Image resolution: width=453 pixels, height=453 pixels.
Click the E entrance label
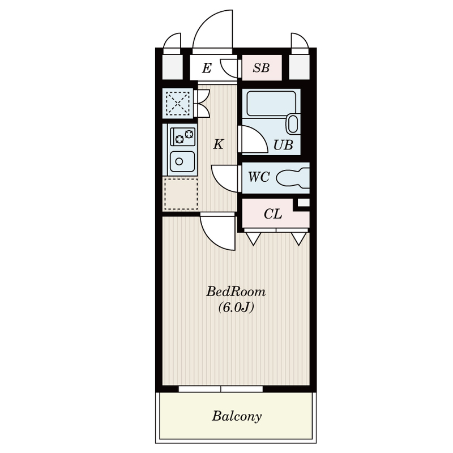pyautogui.click(x=207, y=68)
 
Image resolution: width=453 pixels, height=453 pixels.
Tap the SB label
pyautogui.click(x=261, y=67)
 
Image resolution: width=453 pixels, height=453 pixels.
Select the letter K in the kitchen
pyautogui.click(x=219, y=144)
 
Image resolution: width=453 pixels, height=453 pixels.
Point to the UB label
pyautogui.click(x=284, y=145)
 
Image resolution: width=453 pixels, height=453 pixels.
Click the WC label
pyautogui.click(x=259, y=177)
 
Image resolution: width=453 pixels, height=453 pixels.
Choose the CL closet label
pyautogui.click(x=273, y=214)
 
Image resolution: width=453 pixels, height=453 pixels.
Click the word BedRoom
pyautogui.click(x=236, y=292)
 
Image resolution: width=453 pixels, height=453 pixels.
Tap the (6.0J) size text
pyautogui.click(x=236, y=307)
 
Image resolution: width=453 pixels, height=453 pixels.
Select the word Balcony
pyautogui.click(x=237, y=416)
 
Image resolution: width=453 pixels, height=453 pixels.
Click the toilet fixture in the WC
pyautogui.click(x=293, y=178)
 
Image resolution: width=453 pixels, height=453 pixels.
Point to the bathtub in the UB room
pyautogui.click(x=271, y=104)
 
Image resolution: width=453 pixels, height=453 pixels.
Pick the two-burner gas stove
pyautogui.click(x=182, y=136)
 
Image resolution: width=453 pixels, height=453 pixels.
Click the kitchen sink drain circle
pyautogui.click(x=179, y=162)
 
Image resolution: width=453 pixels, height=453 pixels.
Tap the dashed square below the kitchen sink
pyautogui.click(x=181, y=194)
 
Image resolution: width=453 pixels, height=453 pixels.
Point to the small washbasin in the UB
pyautogui.click(x=293, y=124)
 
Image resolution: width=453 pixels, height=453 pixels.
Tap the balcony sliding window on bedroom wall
pyautogui.click(x=221, y=389)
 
